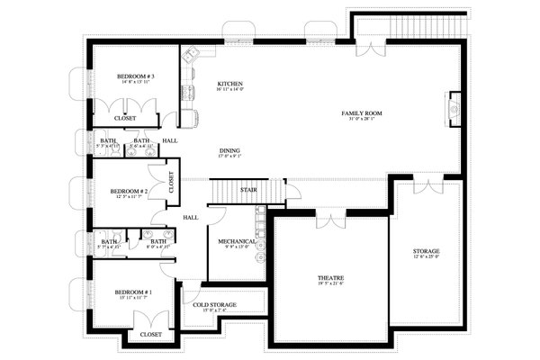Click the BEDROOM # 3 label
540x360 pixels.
pos(136,77)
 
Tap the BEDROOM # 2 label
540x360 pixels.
pos(129,191)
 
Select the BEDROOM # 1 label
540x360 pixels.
pos(132,293)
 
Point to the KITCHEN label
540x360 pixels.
pos(230,84)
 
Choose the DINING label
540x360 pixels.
pos(229,150)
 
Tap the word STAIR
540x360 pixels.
pos(249,190)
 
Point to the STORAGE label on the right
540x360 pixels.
pos(426,250)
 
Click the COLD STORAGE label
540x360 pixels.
pos(215,305)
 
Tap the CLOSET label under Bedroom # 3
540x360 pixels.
pos(125,118)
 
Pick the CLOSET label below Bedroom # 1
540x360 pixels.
pos(150,334)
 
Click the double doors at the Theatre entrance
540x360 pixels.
pos(329,220)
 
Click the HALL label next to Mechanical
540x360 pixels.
pos(191,218)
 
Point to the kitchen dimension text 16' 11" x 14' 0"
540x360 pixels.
pos(230,90)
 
